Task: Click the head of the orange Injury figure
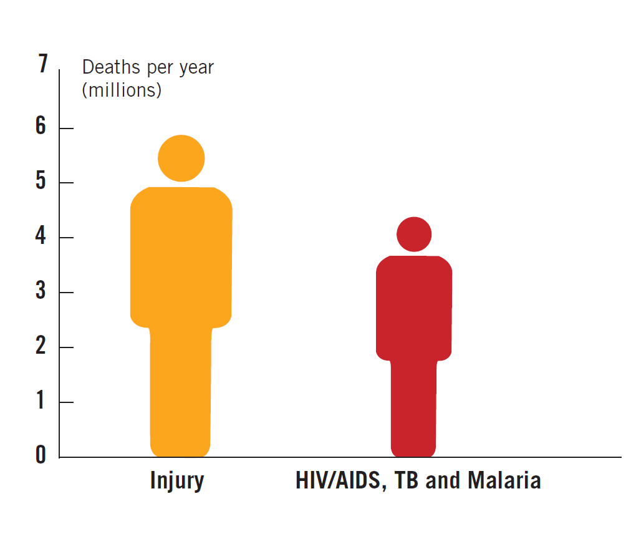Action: coord(181,158)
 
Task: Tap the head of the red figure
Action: coord(414,235)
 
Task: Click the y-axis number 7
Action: coord(42,64)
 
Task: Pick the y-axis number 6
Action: coord(41,127)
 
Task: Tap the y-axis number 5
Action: coord(41,182)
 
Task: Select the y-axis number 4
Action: coord(41,237)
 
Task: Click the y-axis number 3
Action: coord(41,292)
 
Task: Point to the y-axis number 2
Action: coord(41,347)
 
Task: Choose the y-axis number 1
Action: coord(41,401)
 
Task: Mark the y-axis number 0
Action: coord(41,455)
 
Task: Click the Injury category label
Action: coord(177,482)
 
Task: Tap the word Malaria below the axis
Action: coord(504,481)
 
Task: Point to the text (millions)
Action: coord(122,90)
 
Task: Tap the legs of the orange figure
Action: coord(181,393)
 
